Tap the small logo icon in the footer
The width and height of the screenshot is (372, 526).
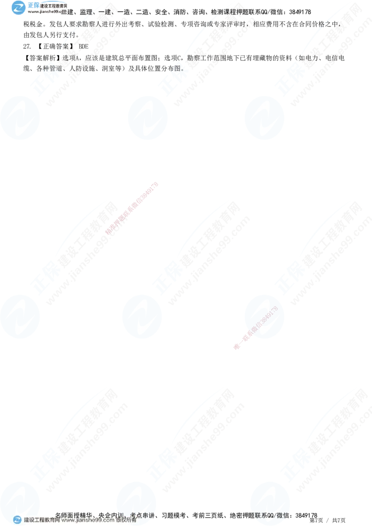tap(17, 519)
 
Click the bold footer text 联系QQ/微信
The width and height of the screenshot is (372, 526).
tap(270, 514)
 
